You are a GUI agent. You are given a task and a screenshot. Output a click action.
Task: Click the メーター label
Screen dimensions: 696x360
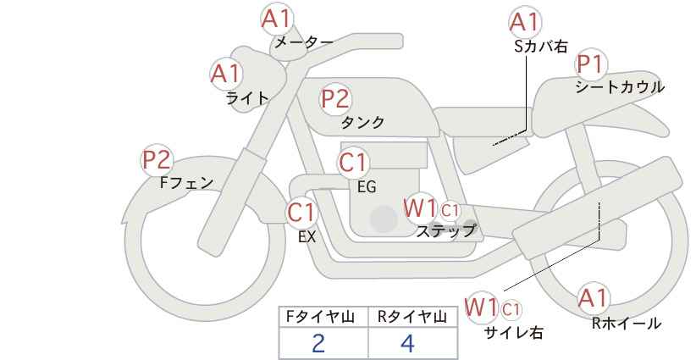[304, 42]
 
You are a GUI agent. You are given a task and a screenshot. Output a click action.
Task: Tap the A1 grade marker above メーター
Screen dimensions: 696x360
[277, 19]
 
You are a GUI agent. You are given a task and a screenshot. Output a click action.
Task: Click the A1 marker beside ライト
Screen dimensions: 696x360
[226, 73]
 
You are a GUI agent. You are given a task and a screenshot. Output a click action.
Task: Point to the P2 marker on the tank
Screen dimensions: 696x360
[335, 98]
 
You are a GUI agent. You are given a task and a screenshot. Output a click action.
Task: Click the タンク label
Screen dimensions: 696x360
[362, 122]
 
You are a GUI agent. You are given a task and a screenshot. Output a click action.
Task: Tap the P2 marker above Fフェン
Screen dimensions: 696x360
[157, 160]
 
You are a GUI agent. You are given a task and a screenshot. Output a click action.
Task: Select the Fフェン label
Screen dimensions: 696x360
[186, 182]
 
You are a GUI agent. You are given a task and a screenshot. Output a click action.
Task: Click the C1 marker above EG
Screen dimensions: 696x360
[353, 162]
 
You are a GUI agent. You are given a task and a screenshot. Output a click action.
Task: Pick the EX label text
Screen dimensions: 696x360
[307, 237]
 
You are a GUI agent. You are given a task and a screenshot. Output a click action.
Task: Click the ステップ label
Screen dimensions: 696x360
[445, 230]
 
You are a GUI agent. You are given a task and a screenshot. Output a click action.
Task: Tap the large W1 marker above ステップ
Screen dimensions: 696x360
[420, 208]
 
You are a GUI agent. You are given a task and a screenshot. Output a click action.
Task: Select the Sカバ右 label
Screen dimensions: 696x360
[541, 47]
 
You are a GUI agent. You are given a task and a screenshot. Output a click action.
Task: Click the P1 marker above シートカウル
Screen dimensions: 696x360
[591, 64]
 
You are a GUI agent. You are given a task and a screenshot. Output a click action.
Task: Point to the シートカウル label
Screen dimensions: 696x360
[620, 87]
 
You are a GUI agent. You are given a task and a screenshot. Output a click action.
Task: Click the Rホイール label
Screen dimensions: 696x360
[627, 324]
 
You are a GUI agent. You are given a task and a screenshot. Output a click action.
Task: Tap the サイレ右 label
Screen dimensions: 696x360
[514, 332]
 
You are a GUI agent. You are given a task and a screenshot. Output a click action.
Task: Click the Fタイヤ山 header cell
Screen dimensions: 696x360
[323, 317]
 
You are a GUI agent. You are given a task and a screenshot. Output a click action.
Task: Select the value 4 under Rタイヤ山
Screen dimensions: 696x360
[407, 343]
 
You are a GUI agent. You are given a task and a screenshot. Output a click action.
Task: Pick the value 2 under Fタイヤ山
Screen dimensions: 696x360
[318, 343]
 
